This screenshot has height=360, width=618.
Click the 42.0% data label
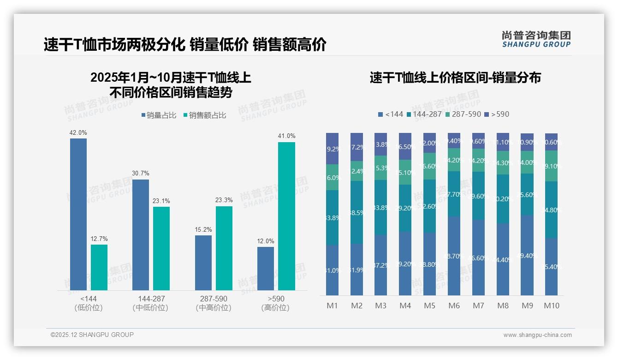[x=78, y=133]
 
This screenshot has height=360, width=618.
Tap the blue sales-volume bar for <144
[x=78, y=214]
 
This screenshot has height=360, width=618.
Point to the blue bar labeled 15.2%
[x=203, y=263]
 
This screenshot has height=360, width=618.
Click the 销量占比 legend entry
[x=159, y=115]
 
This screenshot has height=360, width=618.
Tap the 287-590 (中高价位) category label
[x=213, y=303]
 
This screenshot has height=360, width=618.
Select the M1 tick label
[x=332, y=306]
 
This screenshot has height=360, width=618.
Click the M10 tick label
[x=551, y=306]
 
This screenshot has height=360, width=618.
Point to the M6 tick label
[x=454, y=306]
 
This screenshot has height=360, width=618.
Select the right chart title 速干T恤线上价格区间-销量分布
[x=455, y=78]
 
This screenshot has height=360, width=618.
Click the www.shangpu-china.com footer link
[x=537, y=335]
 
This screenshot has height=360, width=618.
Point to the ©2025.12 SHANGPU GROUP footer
[x=92, y=335]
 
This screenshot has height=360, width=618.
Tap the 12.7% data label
[x=99, y=239]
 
